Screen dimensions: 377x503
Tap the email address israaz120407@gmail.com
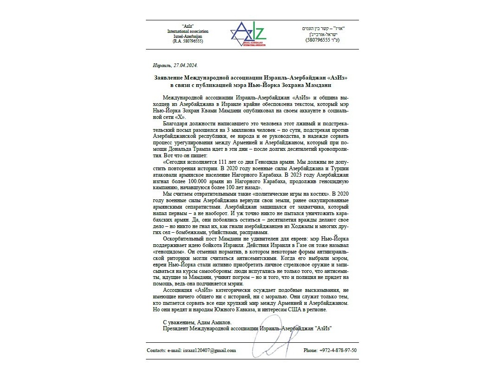[209, 350]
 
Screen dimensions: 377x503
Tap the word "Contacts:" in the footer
[157, 350]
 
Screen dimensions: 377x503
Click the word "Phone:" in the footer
[310, 350]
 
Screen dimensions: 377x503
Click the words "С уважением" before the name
[177, 321]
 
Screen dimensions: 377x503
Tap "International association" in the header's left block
[188, 31]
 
